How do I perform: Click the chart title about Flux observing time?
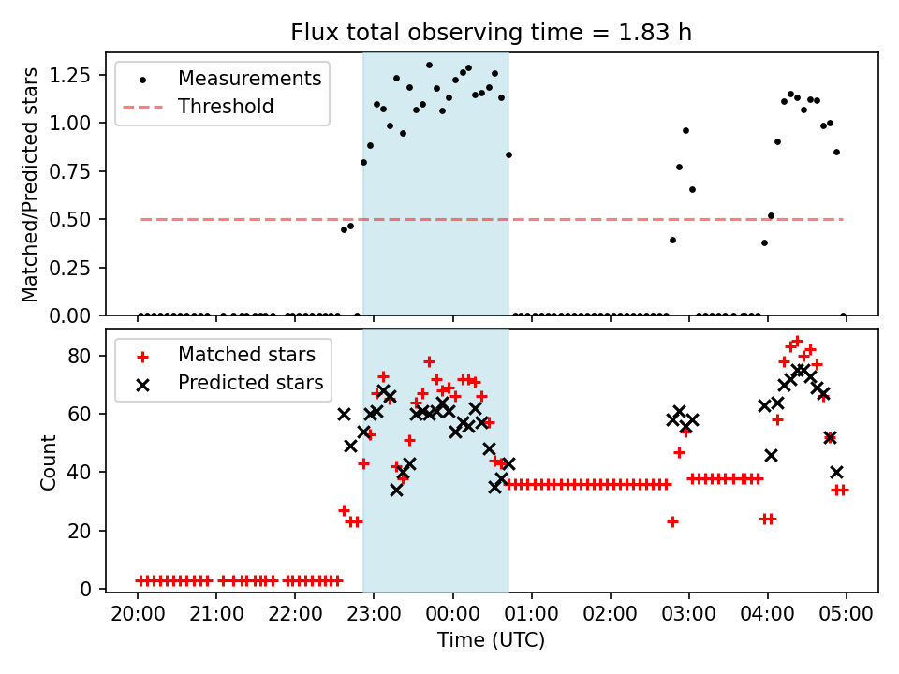492,33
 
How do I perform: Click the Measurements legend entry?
249,78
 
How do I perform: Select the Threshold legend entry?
226,107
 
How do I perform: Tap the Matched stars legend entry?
246,355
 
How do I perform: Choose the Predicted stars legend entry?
250,382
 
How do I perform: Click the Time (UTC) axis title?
492,640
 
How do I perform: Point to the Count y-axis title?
49,462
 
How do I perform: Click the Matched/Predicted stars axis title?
30,184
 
